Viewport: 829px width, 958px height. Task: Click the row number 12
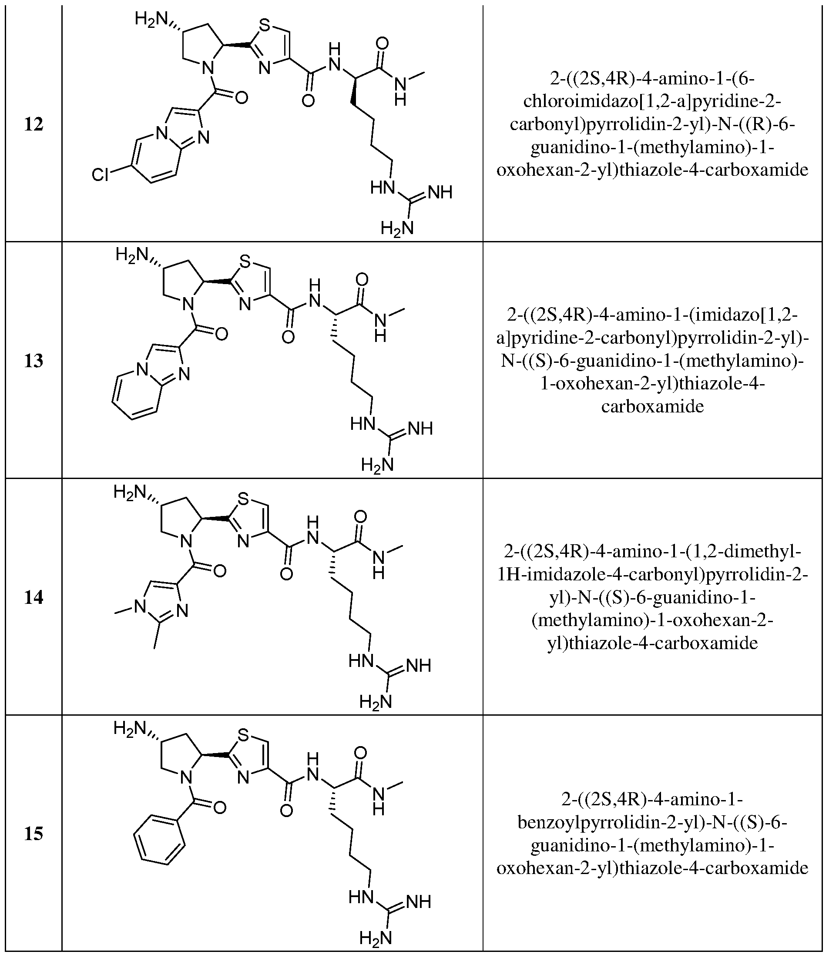click(x=34, y=124)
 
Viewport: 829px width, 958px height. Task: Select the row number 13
click(x=34, y=361)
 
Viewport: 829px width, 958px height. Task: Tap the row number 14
click(x=34, y=597)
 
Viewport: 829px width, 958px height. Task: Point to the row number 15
click(x=34, y=834)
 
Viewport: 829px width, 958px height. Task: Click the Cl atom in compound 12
click(x=100, y=175)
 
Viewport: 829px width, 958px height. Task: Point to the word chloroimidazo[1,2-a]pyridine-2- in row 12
click(x=652, y=101)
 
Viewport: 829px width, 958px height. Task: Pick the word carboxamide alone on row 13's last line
click(x=652, y=407)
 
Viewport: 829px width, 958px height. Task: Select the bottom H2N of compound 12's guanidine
click(x=397, y=228)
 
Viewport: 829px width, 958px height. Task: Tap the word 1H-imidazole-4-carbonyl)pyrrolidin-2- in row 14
click(x=652, y=575)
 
